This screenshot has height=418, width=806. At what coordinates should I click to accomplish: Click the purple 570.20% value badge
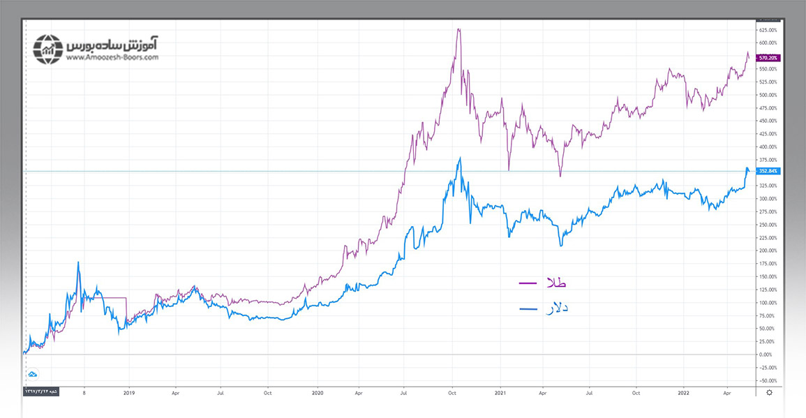768,58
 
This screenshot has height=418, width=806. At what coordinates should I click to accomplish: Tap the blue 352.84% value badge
768,171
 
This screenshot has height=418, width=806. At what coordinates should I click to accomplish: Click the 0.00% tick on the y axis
768,354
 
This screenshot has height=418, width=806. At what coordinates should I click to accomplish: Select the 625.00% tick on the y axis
768,30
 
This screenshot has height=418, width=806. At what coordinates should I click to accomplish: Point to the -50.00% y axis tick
768,380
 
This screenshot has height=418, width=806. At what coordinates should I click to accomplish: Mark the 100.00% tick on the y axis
768,302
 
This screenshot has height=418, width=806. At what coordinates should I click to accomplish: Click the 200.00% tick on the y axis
768,251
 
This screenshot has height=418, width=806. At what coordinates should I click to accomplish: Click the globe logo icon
47,49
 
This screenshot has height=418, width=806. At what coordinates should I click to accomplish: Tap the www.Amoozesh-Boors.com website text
112,58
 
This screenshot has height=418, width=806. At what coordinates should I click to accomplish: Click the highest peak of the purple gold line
458,29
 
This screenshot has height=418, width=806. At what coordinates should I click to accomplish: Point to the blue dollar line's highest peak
459,158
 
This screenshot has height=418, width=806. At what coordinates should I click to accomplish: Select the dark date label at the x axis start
41,393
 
